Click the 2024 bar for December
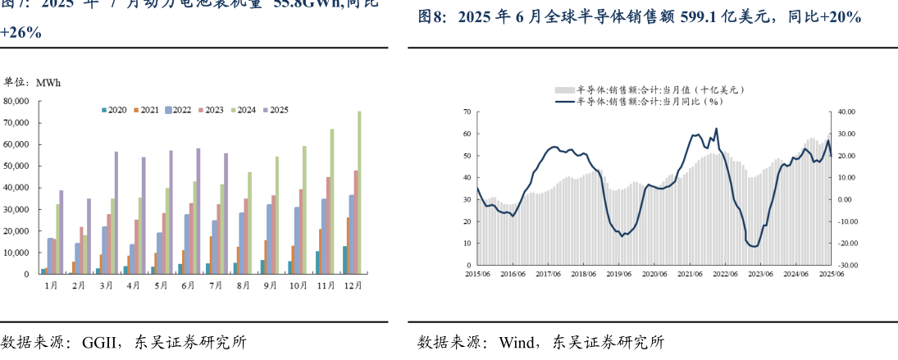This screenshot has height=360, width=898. point(359,193)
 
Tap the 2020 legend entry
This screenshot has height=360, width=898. point(114,110)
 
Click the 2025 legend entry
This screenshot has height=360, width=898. point(275,110)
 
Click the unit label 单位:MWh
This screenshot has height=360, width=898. point(33,82)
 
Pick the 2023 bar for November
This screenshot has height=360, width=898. point(328,226)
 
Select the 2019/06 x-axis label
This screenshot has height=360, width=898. point(618,275)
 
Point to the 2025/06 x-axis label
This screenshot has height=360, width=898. point(830,275)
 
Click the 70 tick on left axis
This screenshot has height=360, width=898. point(467,112)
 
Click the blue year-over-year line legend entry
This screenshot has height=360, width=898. point(640,101)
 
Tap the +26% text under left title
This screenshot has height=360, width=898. point(21,33)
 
